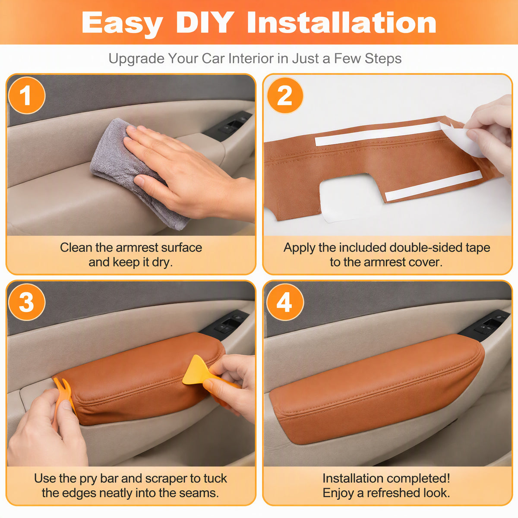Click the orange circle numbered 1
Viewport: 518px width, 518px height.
tap(27, 95)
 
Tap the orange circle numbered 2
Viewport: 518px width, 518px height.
tap(285, 95)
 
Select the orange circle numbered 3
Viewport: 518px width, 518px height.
tap(27, 302)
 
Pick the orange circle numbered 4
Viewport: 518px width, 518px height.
tap(285, 302)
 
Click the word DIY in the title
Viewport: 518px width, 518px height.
tap(205, 22)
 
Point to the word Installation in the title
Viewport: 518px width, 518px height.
tap(341, 22)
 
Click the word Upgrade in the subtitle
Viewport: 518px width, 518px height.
tap(136, 59)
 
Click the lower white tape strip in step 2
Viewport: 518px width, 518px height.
tap(433, 186)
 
